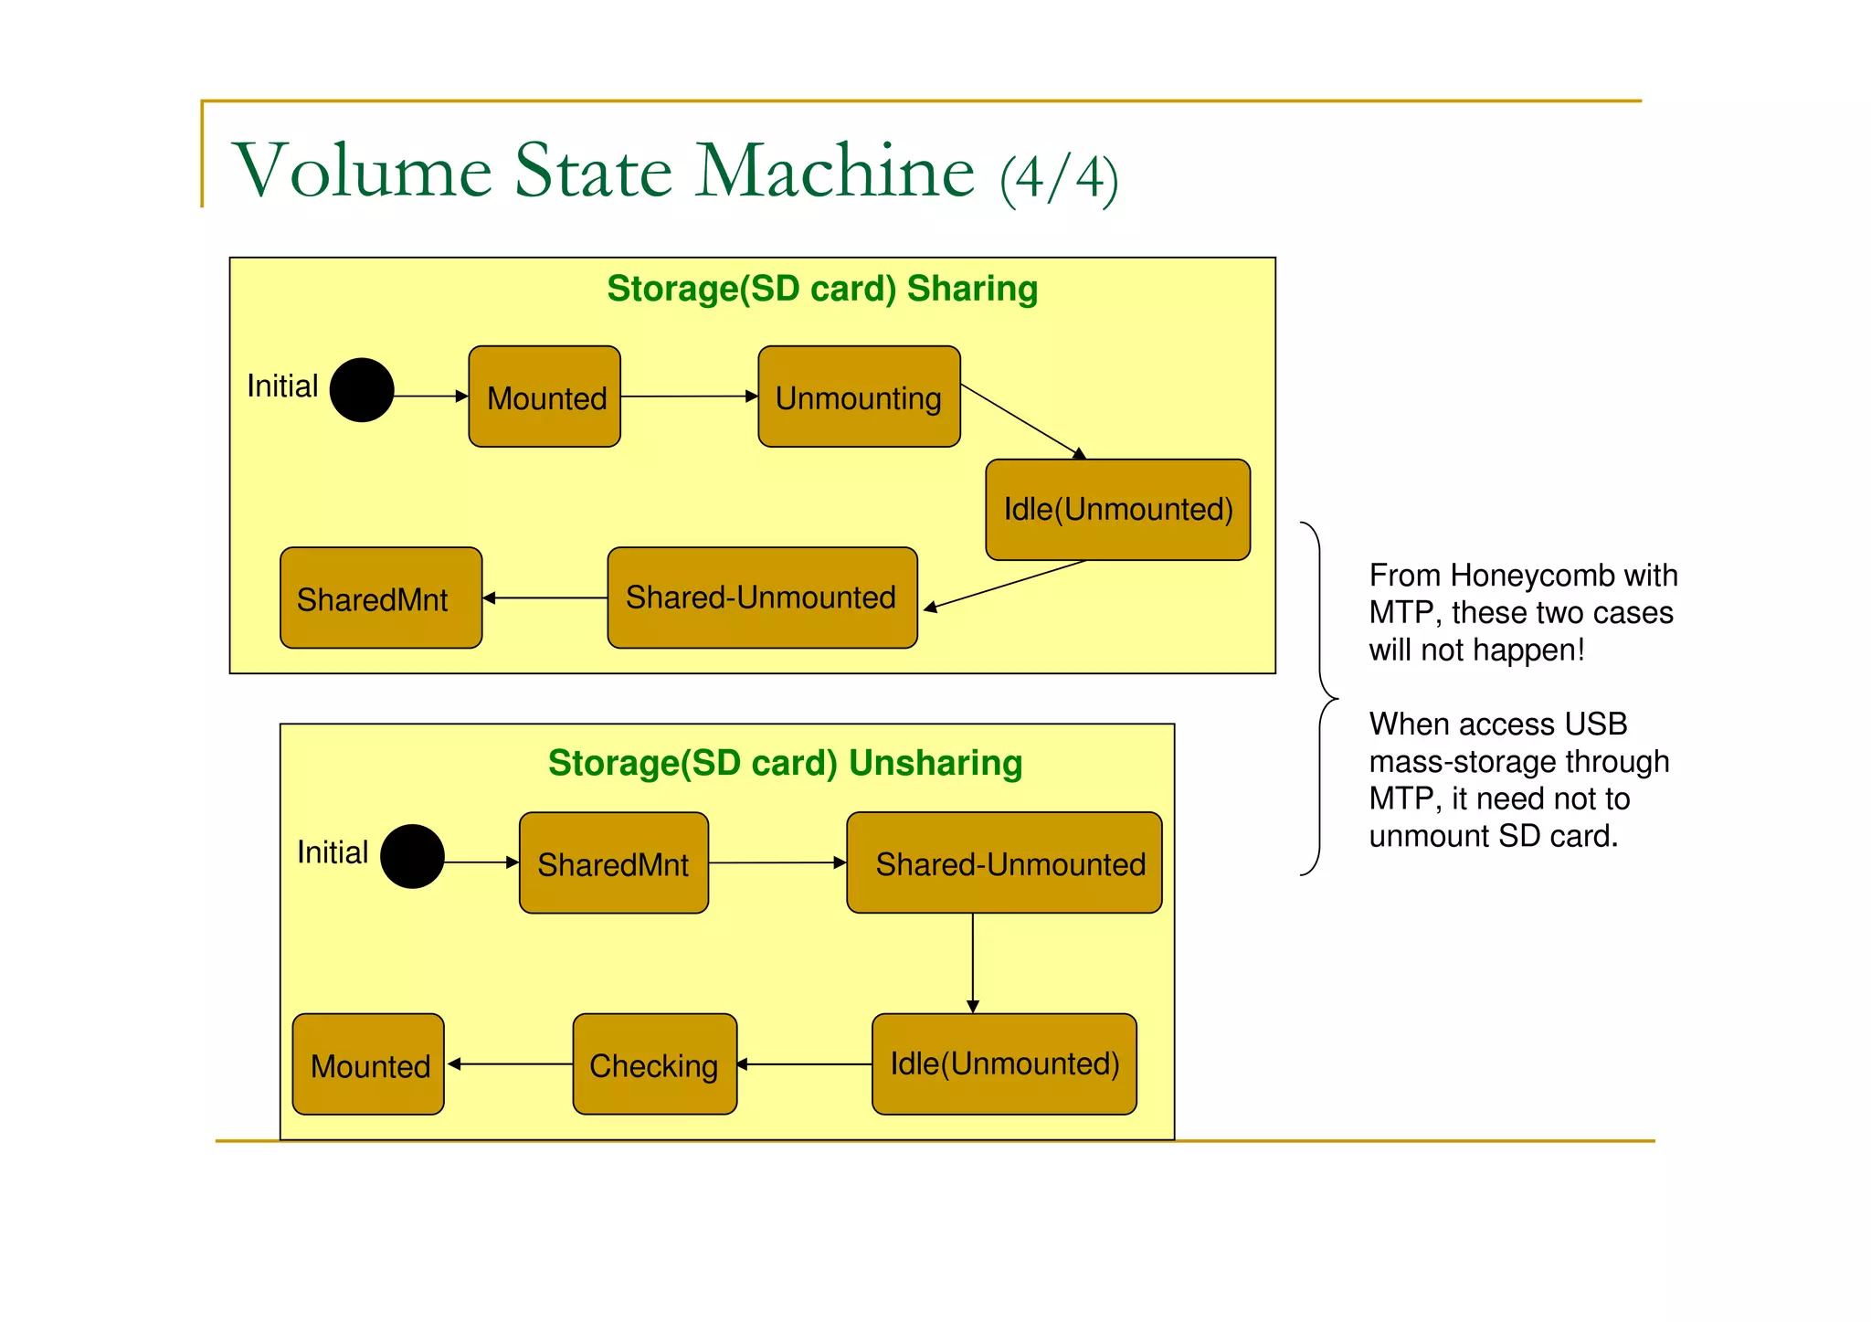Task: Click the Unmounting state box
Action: pyautogui.click(x=859, y=397)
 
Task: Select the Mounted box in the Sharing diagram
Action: pyautogui.click(x=544, y=397)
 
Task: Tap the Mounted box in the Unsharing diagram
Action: pyautogui.click(x=368, y=1064)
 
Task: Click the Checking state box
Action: pyautogui.click(x=654, y=1064)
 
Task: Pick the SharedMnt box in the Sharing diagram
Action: pyautogui.click(x=381, y=598)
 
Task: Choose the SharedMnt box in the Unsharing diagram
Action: pyautogui.click(x=614, y=863)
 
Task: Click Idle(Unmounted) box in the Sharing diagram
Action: pyautogui.click(x=1117, y=510)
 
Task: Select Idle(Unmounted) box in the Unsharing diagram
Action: pyautogui.click(x=1004, y=1064)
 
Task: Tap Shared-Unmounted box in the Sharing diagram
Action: pyautogui.click(x=762, y=598)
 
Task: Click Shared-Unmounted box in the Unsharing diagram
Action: pyautogui.click(x=1004, y=863)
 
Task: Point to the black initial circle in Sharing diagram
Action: pyautogui.click(x=362, y=390)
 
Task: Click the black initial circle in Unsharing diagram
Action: pyautogui.click(x=412, y=857)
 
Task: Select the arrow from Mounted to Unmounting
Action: pyautogui.click(x=690, y=397)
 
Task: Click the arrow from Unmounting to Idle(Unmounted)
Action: pyautogui.click(x=1021, y=421)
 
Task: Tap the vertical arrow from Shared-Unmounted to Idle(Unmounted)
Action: pyautogui.click(x=973, y=963)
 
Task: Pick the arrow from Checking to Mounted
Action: pyautogui.click(x=510, y=1064)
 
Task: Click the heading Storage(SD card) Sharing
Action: pyautogui.click(x=822, y=289)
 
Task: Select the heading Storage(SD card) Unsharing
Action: pyautogui.click(x=785, y=763)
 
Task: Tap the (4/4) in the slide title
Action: pyautogui.click(x=1059, y=178)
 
